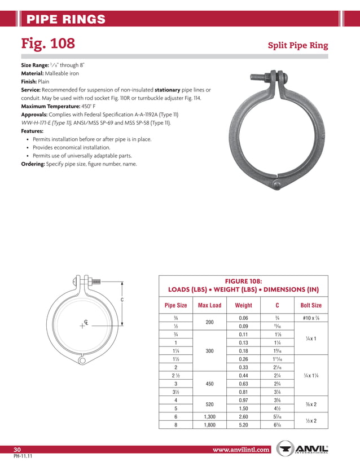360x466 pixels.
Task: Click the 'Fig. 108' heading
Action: click(48, 43)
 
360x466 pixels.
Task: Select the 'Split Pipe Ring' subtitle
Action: click(297, 46)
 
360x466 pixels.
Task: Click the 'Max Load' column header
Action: click(209, 305)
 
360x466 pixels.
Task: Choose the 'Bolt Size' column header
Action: click(311, 305)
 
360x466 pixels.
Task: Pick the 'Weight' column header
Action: click(243, 305)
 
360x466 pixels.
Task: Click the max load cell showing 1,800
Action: click(209, 426)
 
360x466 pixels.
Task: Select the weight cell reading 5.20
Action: click(243, 426)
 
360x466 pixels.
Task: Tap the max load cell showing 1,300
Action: click(209, 416)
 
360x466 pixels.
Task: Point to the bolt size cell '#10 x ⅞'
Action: click(311, 318)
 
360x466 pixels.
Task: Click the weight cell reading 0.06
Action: click(243, 318)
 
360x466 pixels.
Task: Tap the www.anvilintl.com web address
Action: click(241, 450)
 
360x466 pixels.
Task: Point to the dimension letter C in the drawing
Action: click(122, 300)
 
